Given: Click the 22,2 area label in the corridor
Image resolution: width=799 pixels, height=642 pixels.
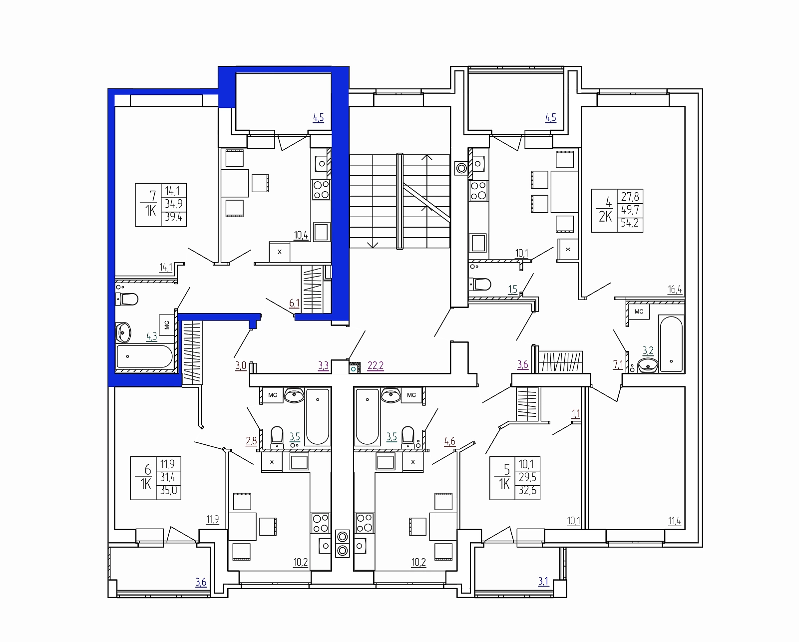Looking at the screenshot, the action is (x=376, y=366).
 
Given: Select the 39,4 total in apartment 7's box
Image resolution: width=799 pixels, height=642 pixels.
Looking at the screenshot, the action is (x=174, y=217).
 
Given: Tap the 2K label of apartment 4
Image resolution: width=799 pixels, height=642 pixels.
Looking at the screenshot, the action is (x=605, y=217).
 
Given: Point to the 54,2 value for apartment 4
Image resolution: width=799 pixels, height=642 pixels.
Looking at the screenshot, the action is (x=630, y=223).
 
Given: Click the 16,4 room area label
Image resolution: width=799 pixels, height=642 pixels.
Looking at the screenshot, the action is (x=675, y=289).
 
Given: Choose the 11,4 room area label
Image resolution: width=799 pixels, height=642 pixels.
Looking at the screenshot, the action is (x=675, y=521).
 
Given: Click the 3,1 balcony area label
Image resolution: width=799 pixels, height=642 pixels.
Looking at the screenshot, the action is (x=543, y=582).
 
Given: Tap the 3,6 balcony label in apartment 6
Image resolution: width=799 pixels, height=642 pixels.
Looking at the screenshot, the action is (x=201, y=582).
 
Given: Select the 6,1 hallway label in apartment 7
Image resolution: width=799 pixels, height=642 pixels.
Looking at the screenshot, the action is (x=294, y=304).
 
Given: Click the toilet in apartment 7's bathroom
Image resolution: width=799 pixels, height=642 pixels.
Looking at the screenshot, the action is (x=127, y=299).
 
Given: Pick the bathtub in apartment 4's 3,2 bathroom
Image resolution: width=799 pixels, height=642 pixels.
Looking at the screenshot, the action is (x=671, y=344).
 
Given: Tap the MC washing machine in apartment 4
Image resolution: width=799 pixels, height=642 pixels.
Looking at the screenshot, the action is (x=639, y=312).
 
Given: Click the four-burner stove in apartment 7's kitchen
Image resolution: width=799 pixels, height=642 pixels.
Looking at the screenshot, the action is (x=321, y=189).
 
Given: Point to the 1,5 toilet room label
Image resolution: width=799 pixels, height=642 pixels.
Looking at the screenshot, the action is (x=512, y=289).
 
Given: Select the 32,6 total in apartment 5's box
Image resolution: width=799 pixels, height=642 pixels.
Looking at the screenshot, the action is (x=528, y=491).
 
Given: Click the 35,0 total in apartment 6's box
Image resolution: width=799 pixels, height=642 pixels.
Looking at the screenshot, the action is (x=169, y=491).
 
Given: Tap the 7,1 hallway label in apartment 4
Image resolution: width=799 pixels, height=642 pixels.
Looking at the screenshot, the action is (x=618, y=365).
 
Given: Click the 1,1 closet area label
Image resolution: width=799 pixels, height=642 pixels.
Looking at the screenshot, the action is (x=576, y=414).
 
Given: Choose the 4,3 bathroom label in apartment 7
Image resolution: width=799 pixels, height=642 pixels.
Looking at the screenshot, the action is (x=151, y=336).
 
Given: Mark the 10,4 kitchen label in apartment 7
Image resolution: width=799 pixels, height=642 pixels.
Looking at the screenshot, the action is (x=301, y=235).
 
